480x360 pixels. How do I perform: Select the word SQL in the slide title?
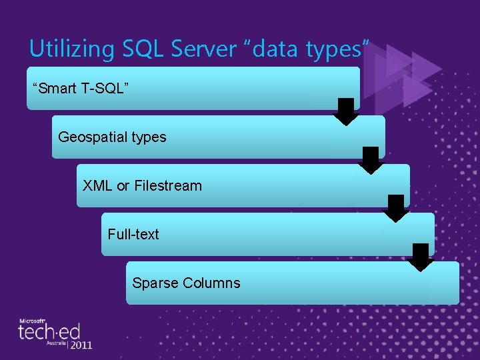click(x=124, y=49)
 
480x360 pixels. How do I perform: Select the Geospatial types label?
click(x=112, y=137)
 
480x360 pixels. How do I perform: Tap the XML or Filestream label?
click(x=142, y=186)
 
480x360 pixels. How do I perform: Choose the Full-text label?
click(x=133, y=235)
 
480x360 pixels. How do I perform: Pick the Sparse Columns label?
click(x=186, y=283)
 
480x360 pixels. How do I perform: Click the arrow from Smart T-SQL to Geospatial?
click(x=346, y=111)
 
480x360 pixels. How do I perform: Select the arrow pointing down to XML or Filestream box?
click(x=371, y=160)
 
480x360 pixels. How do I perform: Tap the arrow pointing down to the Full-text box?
click(x=396, y=209)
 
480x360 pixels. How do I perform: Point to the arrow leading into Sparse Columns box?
click(x=421, y=257)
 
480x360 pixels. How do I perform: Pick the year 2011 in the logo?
click(x=81, y=345)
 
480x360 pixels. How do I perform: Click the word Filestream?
click(x=168, y=186)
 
